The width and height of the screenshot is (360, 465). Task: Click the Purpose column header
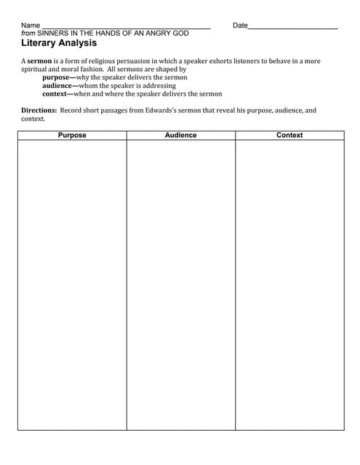72,135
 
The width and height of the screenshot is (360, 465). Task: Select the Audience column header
180,135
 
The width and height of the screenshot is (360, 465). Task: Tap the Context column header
289,135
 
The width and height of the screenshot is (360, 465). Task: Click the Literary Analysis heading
60,43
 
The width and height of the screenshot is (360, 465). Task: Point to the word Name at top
31,25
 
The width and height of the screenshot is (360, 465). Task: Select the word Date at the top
240,25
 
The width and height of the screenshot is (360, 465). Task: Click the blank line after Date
293,28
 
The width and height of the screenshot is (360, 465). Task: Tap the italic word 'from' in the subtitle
28,33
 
